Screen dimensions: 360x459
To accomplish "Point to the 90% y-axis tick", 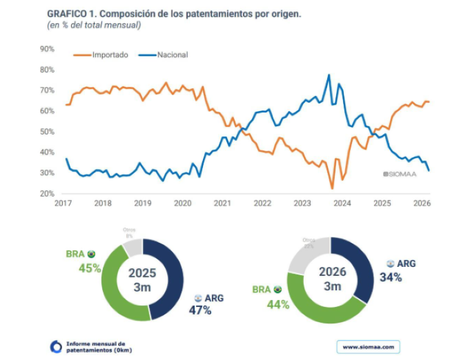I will pyautogui.click(x=47, y=49).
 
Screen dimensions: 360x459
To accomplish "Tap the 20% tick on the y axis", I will pyautogui.click(x=47, y=194).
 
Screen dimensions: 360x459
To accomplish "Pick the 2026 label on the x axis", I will pyautogui.click(x=422, y=203).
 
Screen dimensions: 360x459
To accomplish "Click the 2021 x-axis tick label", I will pyautogui.click(x=222, y=203).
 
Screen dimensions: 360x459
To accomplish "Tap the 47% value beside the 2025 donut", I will pyautogui.click(x=200, y=310).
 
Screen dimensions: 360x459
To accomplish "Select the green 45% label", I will pyautogui.click(x=90, y=268).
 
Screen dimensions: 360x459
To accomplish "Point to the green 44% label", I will pyautogui.click(x=277, y=303).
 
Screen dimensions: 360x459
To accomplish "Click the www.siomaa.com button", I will pyautogui.click(x=368, y=346).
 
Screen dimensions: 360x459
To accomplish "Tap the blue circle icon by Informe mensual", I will pyautogui.click(x=56, y=346).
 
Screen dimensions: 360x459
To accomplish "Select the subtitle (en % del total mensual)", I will pyautogui.click(x=93, y=25).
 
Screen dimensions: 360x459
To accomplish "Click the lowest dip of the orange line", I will pyautogui.click(x=332, y=188).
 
